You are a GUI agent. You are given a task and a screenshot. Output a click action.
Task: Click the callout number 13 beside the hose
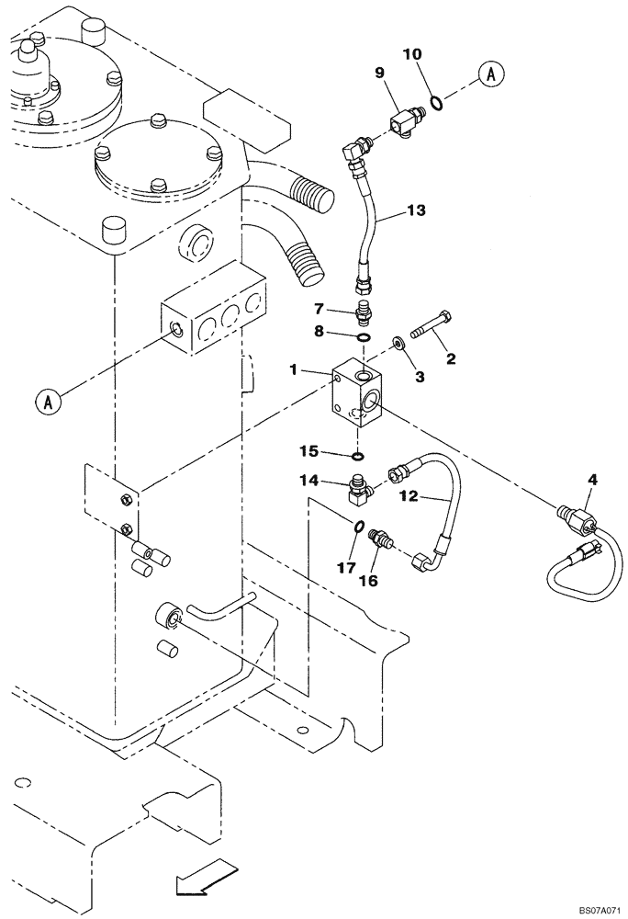[x=416, y=211]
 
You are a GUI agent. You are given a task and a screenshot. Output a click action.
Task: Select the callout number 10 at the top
[x=414, y=55]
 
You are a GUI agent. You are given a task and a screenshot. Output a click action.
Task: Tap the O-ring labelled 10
[x=440, y=102]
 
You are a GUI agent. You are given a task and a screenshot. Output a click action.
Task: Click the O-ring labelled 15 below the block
[x=359, y=454]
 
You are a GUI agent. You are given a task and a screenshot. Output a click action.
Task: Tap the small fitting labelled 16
[x=380, y=539]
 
